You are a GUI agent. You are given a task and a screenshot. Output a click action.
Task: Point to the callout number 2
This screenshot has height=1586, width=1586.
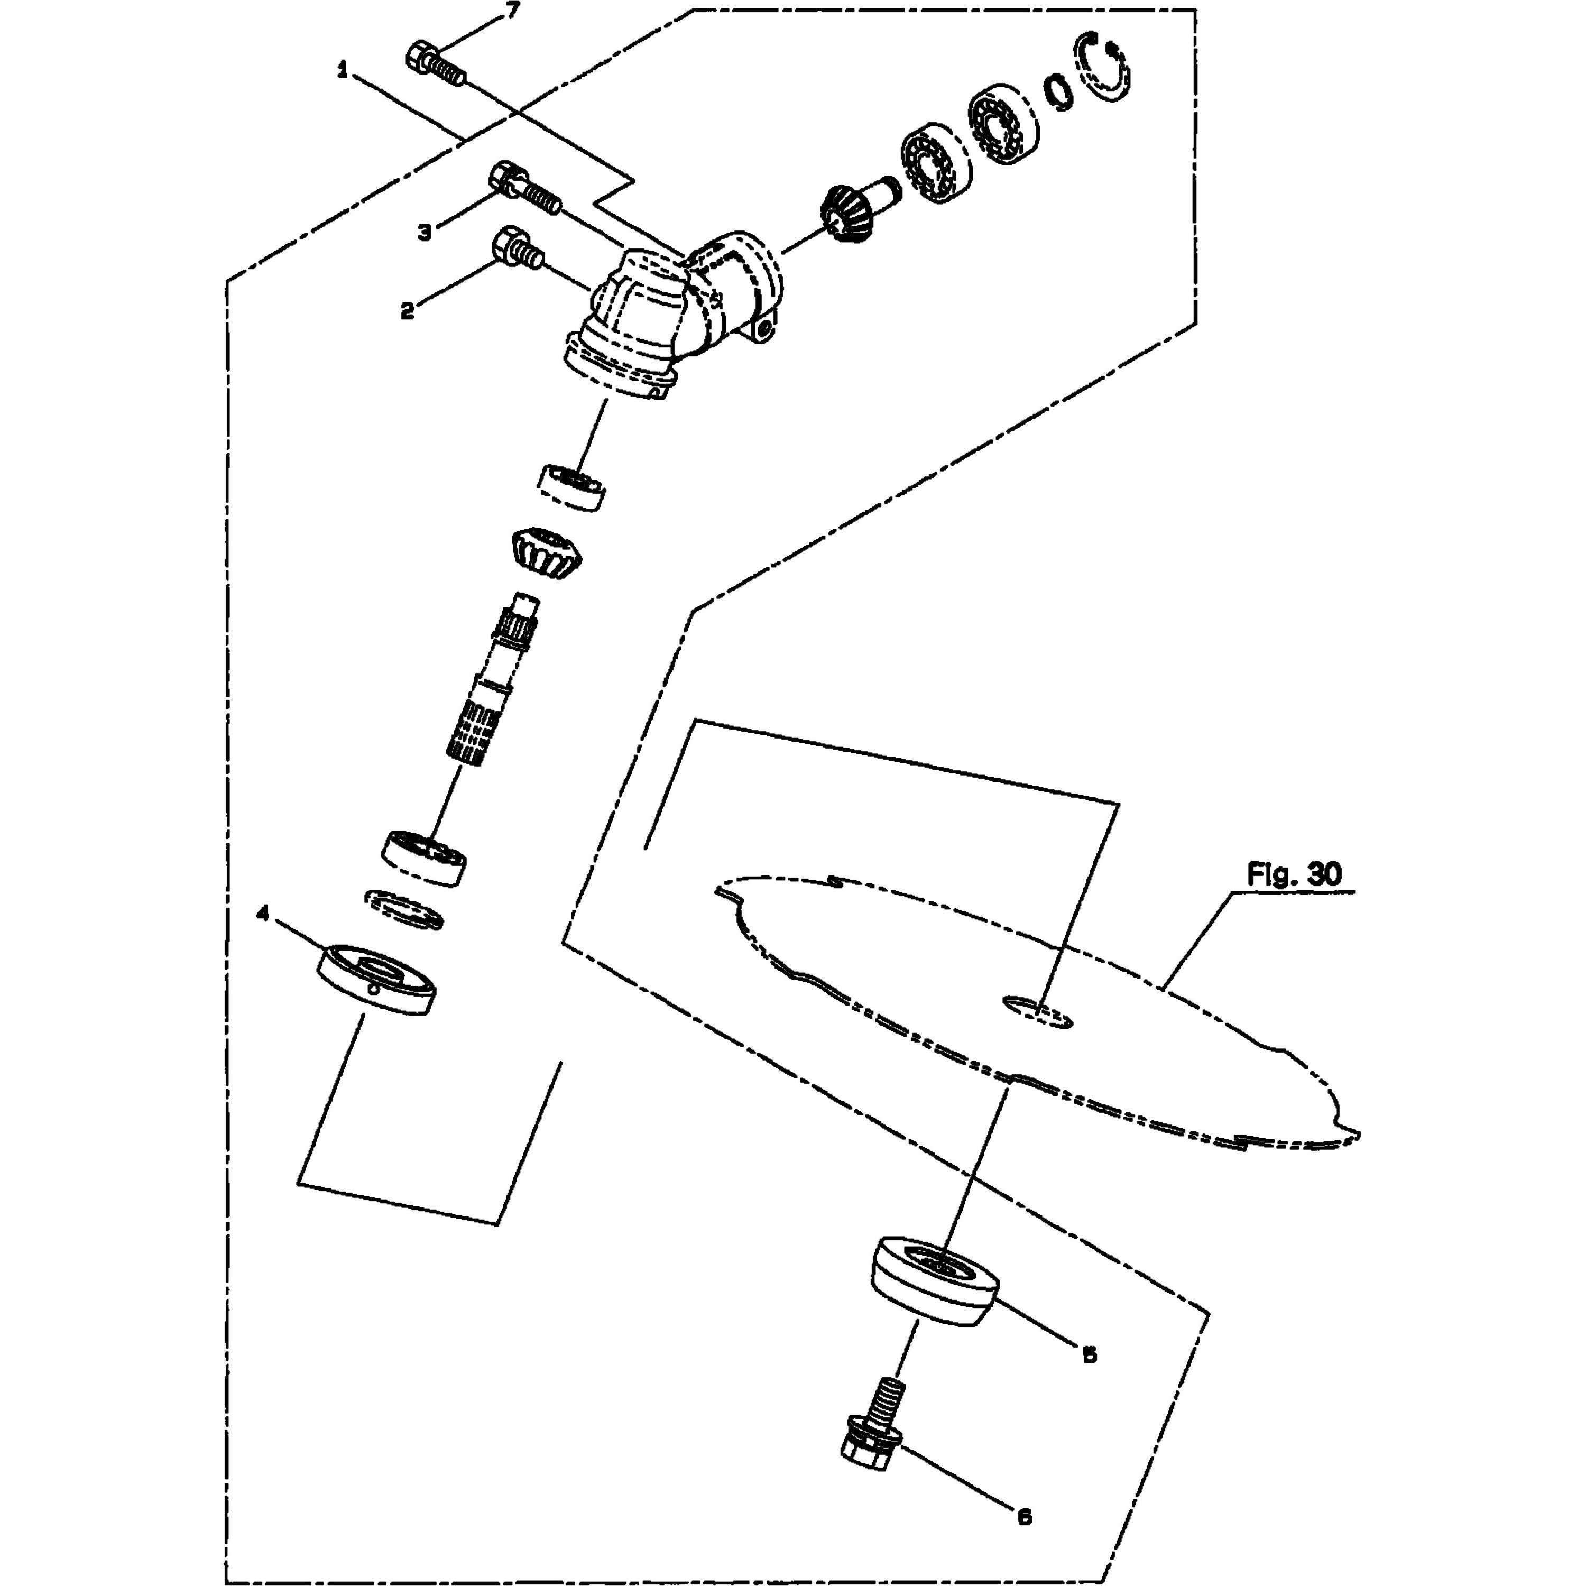[407, 311]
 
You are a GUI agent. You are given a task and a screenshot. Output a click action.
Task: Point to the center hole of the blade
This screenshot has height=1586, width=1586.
[1038, 1013]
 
